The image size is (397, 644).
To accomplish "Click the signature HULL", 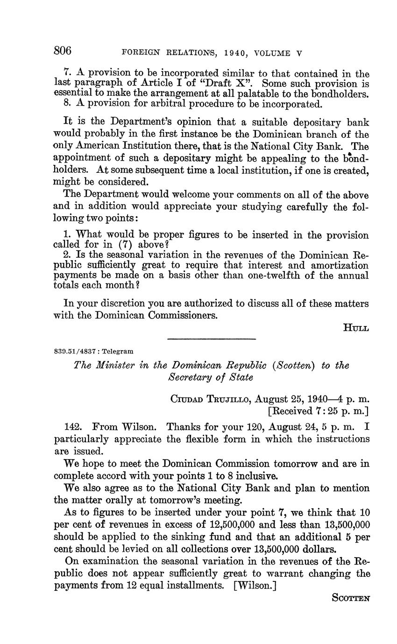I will click(x=356, y=328).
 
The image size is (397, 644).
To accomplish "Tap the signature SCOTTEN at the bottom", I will click(x=350, y=598).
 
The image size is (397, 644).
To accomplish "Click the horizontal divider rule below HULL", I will click(x=211, y=339).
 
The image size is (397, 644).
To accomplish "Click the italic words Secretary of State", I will click(x=211, y=377).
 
